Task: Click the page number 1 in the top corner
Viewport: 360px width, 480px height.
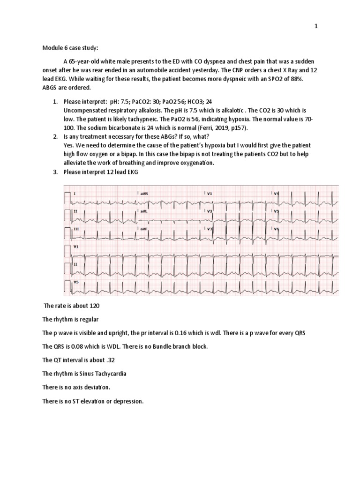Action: [316, 27]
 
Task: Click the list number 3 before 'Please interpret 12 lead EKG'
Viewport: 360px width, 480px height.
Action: [54, 172]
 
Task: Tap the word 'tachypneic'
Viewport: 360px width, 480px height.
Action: [118, 119]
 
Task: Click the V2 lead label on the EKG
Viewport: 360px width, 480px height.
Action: [210, 211]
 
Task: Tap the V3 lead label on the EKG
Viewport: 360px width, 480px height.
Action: [210, 229]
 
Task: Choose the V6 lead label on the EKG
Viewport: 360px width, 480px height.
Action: [277, 229]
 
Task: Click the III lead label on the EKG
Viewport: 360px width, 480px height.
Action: [76, 229]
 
